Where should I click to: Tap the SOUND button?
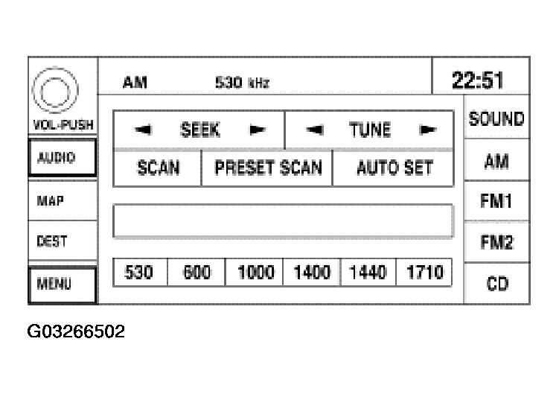[496, 118]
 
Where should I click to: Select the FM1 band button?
[496, 200]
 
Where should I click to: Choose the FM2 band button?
[496, 242]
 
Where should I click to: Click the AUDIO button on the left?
[63, 157]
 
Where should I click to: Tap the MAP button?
[63, 200]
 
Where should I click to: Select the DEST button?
[63, 241]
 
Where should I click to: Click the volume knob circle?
[55, 90]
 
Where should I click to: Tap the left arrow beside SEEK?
[144, 130]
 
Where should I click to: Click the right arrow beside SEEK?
[257, 130]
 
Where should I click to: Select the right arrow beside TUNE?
[428, 130]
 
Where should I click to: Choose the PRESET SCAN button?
[267, 168]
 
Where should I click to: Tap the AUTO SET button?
[393, 168]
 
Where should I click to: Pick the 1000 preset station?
[255, 273]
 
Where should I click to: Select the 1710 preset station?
[424, 273]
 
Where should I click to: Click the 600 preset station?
[197, 273]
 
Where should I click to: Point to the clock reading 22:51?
[478, 80]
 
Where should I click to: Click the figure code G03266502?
[76, 331]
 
